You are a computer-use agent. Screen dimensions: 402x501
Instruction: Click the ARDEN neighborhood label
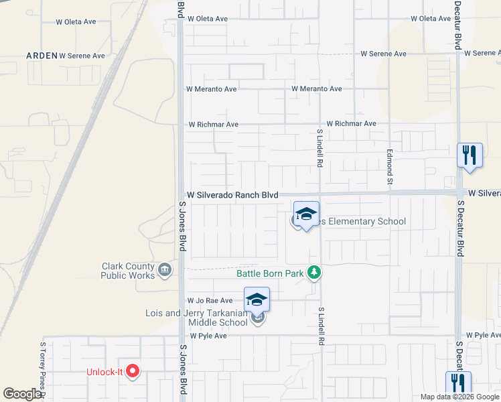(x=42, y=56)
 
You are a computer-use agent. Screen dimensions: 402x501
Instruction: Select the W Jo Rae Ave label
(x=210, y=301)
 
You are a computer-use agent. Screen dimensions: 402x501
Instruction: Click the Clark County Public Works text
(x=127, y=271)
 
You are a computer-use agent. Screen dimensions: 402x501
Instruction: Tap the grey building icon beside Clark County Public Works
(x=164, y=271)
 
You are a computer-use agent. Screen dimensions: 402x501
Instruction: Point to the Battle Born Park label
(x=270, y=273)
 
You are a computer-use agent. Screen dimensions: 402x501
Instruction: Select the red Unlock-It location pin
(x=133, y=371)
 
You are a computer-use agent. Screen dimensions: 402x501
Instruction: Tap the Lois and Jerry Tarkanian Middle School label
(x=197, y=318)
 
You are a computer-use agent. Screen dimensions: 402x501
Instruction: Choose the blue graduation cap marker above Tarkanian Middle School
(x=257, y=299)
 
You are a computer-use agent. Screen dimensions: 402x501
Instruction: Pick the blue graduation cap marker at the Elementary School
(x=306, y=214)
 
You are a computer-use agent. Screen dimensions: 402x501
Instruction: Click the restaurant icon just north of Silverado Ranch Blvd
(x=470, y=155)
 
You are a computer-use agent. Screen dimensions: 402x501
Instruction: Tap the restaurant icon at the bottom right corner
(x=459, y=383)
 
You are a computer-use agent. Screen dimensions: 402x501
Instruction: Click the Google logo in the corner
(x=22, y=394)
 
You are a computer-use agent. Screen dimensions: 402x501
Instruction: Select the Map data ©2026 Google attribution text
(x=459, y=397)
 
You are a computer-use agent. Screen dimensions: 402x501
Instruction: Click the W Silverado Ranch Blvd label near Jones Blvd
(x=232, y=195)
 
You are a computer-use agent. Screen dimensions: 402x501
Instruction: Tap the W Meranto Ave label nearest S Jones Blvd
(x=211, y=89)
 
